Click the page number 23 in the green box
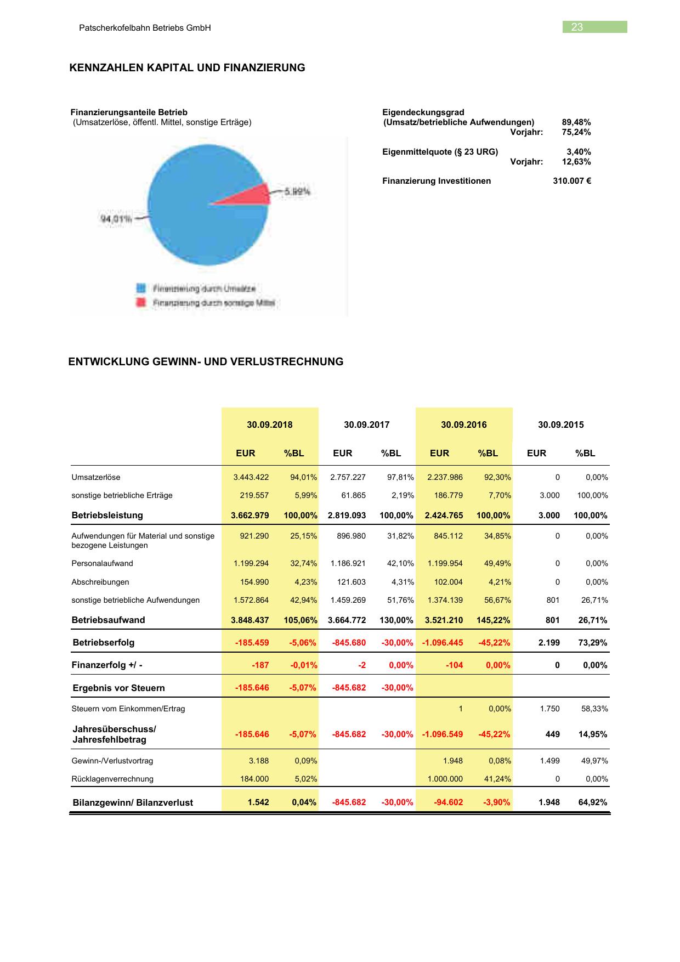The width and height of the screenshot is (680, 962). pos(577,27)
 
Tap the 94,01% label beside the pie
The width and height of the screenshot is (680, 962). pos(116,219)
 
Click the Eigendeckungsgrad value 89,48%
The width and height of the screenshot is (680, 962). pos(576,122)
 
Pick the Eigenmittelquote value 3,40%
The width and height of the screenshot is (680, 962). pos(579,152)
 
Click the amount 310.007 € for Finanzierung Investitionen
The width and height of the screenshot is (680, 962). pos(571,181)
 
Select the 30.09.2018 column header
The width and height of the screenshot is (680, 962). pos(269,425)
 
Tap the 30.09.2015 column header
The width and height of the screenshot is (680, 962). pos(560,425)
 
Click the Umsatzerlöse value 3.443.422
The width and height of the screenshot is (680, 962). pos(251,477)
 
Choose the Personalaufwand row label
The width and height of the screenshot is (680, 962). pos(102,563)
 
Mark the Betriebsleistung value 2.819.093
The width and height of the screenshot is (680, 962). pos(347,516)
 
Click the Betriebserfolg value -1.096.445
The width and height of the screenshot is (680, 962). pos(443,643)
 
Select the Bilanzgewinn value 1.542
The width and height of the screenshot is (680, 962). pos(258,802)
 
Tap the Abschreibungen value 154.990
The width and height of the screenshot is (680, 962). pos(254,582)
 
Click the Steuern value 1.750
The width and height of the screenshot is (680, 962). pos(549,709)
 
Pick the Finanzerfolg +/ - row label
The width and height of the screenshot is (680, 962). pos(107,665)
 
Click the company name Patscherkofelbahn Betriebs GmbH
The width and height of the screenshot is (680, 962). pos(145,28)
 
